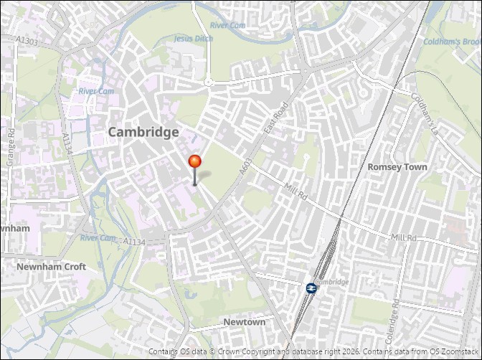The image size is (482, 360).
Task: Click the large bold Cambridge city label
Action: [143, 132]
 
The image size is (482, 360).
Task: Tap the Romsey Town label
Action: [397, 166]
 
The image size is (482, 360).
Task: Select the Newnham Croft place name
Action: [51, 267]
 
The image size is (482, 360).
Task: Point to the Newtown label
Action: [244, 322]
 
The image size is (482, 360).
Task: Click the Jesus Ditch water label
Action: [194, 39]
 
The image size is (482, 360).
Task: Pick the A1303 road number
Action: [27, 42]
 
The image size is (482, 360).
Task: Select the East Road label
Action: [275, 116]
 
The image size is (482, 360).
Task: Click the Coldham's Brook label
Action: [451, 42]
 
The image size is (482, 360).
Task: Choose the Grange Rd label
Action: [11, 148]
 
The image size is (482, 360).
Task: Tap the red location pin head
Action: [194, 162]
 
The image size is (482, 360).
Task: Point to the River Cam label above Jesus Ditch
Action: [228, 25]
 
